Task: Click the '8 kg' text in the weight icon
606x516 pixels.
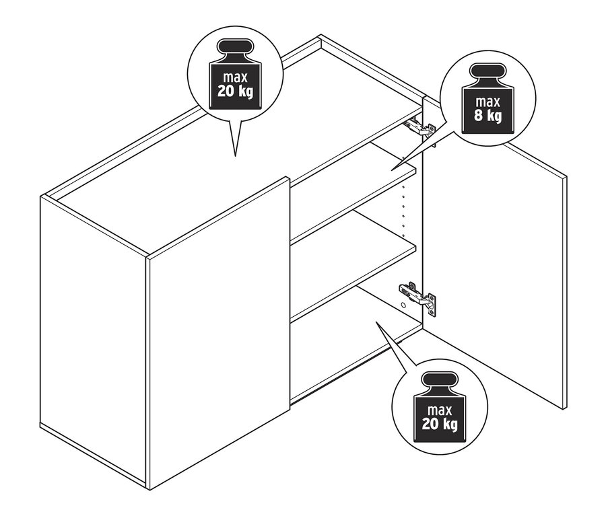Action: pos(487,116)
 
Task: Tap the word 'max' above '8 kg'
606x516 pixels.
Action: pos(487,102)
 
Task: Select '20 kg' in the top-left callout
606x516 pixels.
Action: pos(235,91)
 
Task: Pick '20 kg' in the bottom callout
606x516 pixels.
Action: pos(440,424)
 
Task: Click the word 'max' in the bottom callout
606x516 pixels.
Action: pos(440,410)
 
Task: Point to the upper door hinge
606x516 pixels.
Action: pos(419,127)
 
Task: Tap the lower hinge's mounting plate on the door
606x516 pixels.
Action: pos(432,305)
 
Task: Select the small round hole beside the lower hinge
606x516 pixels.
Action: pos(403,305)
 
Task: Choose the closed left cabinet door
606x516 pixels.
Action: pos(218,332)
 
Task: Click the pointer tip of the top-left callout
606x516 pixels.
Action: pos(235,156)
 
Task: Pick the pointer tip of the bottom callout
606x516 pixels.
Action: pos(376,322)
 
